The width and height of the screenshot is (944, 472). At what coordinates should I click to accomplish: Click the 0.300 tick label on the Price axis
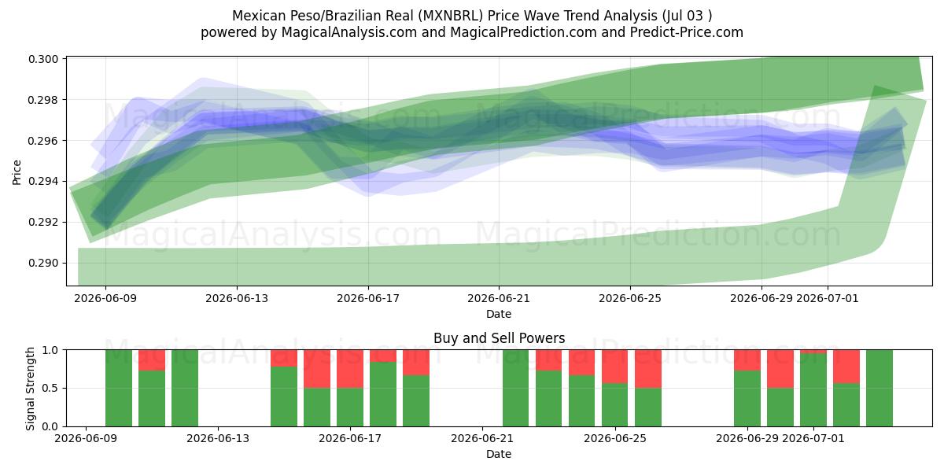[x=43, y=59]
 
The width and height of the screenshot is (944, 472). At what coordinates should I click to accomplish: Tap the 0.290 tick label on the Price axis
[x=43, y=263]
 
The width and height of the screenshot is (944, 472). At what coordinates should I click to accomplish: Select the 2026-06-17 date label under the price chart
[x=368, y=298]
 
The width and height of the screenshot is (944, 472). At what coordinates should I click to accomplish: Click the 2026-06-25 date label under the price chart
[x=630, y=298]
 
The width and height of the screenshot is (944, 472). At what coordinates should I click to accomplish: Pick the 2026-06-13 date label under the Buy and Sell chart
[x=218, y=438]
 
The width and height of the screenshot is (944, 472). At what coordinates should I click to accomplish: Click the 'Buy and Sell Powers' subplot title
[x=499, y=338]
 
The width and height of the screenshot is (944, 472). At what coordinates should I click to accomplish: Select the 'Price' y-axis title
[x=17, y=172]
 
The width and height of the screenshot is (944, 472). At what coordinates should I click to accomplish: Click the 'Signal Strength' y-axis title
[x=30, y=389]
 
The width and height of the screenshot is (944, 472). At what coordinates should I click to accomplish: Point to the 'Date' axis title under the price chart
[x=499, y=314]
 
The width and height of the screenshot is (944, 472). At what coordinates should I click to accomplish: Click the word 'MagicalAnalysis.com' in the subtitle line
[x=349, y=32]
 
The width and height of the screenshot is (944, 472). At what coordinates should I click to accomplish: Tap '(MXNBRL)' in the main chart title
[x=451, y=16]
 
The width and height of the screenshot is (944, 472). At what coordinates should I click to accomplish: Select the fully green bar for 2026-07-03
[x=879, y=388]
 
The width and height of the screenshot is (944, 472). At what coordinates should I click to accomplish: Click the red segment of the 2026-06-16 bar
[x=317, y=369]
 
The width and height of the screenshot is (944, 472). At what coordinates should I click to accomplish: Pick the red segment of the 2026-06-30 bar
[x=780, y=369]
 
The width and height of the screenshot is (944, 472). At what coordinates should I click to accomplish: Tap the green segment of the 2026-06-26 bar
[x=647, y=407]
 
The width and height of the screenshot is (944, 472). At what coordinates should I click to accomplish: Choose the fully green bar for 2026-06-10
[x=119, y=388]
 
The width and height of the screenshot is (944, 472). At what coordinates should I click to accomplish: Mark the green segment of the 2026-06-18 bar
[x=383, y=394]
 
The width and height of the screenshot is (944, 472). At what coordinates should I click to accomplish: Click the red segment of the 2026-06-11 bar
[x=152, y=360]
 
